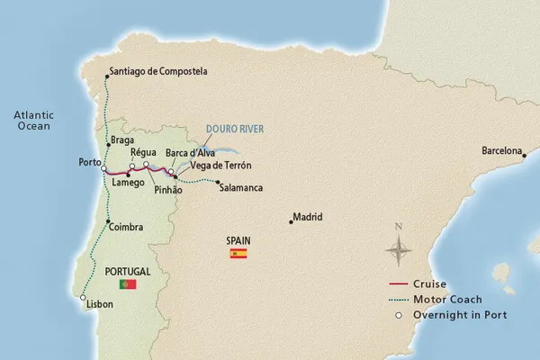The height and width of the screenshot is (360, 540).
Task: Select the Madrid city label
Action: [308, 217]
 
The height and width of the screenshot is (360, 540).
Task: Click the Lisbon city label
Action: [100, 304]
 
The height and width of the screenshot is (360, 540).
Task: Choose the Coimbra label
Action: [127, 228]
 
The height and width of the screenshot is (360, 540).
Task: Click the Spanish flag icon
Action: [238, 255]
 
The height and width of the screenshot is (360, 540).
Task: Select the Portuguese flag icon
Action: [127, 284]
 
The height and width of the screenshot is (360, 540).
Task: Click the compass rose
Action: [399, 245]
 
